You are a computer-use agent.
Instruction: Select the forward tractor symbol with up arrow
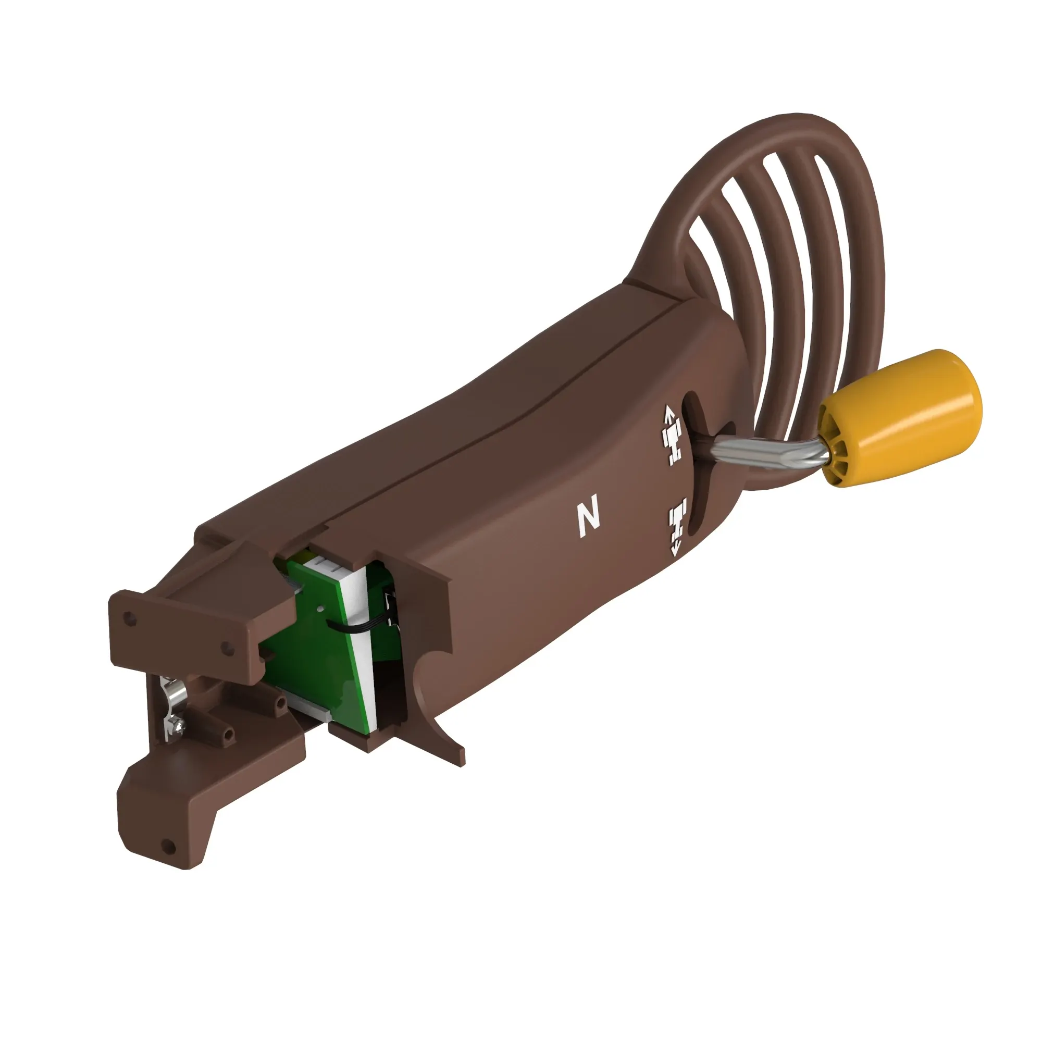[x=673, y=435]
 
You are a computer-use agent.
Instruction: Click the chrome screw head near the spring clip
[x=179, y=729]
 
